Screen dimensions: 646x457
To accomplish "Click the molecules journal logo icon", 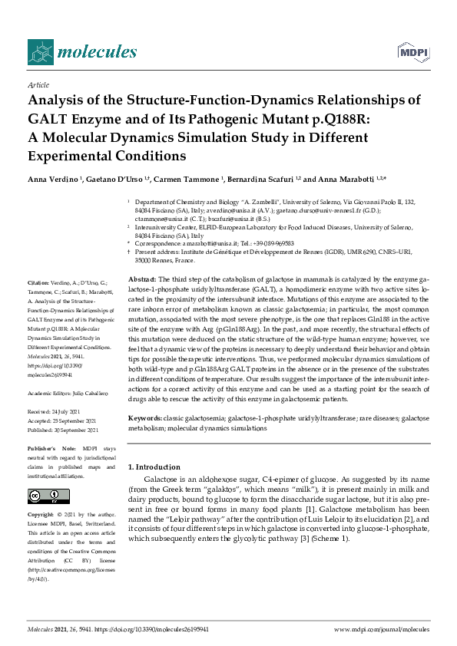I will (x=39, y=52).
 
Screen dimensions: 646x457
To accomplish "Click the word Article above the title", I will (x=38, y=85).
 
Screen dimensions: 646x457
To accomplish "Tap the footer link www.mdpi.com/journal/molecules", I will (x=382, y=628).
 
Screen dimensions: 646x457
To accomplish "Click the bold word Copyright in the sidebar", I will (x=43, y=513).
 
